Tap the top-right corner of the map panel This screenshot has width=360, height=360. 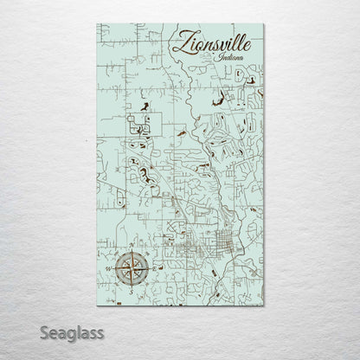(265, 24)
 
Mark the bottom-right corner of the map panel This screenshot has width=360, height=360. (265, 308)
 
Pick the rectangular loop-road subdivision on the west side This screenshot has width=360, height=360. (138, 127)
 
